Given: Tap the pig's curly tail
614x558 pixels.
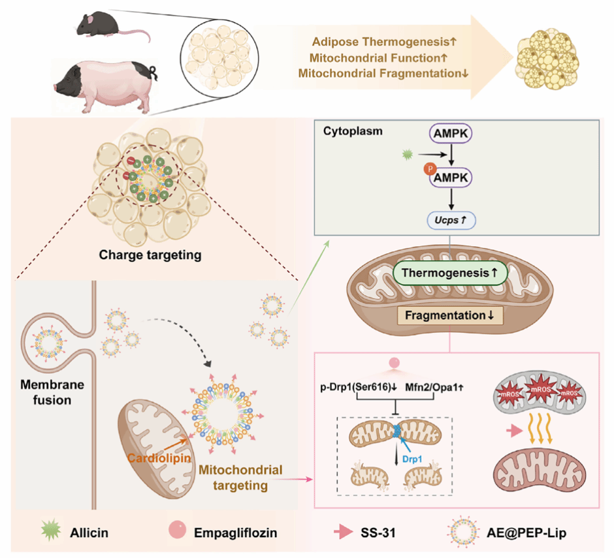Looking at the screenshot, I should (153, 70).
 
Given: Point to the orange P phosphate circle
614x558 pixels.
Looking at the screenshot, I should (428, 168).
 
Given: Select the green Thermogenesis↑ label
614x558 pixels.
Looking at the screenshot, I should (451, 275).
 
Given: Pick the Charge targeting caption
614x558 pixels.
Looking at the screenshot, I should (150, 254).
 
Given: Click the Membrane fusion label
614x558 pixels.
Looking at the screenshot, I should (54, 391).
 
